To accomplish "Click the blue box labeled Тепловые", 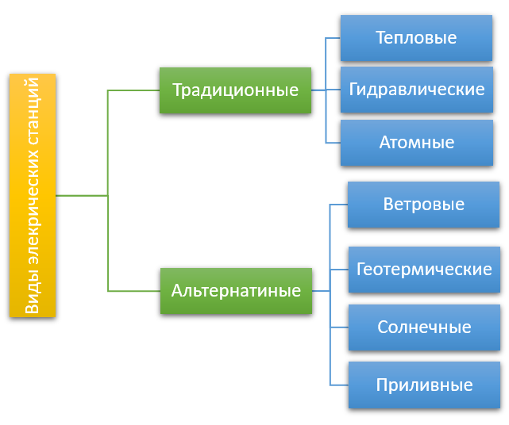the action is tap(416, 38).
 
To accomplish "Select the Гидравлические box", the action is tap(417, 90).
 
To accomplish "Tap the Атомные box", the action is tap(417, 143).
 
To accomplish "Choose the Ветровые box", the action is tap(423, 205).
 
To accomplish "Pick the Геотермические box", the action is tap(424, 270).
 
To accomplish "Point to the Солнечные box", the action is tap(424, 327).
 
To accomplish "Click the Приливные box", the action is tap(424, 385).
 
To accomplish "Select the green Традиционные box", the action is tap(235, 90).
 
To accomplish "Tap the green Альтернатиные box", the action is tap(236, 291).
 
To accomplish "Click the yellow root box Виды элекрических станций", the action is tap(33, 196).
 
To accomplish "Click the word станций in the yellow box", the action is tap(33, 111).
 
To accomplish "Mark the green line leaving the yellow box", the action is tap(82, 196).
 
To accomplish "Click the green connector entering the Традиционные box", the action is tap(133, 90).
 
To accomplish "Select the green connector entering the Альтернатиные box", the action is tap(134, 291).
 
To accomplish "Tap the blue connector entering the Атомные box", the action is tap(333, 143).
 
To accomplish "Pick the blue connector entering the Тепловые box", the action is tap(333, 38).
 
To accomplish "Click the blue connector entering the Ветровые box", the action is tap(339, 205).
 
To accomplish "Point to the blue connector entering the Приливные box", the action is tap(339, 385).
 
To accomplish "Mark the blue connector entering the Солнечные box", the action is tap(339, 327).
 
